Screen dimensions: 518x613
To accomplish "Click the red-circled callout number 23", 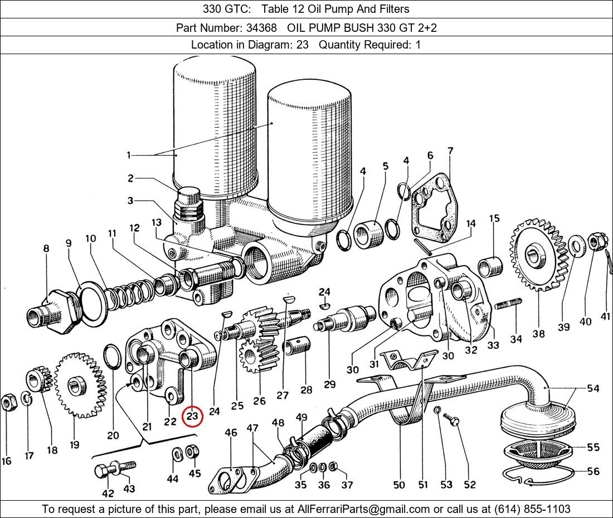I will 192,416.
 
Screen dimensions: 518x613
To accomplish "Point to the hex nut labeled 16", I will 8,401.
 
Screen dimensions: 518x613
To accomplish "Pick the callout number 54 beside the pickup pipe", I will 593,388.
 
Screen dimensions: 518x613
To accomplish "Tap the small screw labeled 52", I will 454,423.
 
